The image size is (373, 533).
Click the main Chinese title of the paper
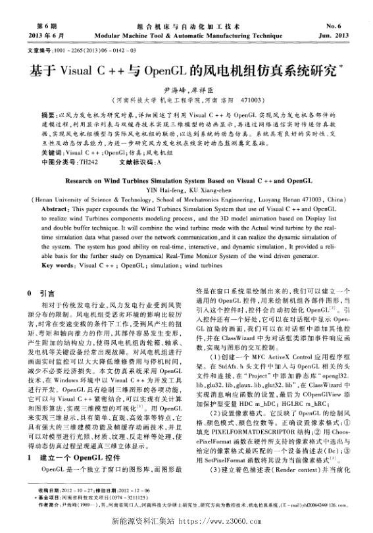[185, 69]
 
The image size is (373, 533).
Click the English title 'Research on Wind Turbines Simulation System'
[186, 178]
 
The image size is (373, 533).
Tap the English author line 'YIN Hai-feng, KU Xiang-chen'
[186, 188]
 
